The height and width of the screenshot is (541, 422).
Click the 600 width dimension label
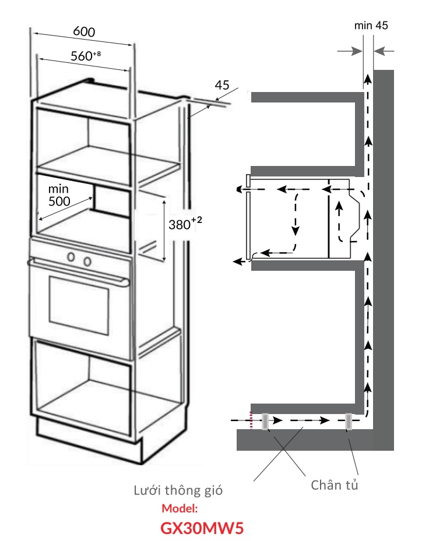(84, 31)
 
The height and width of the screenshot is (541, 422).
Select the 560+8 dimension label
(86, 55)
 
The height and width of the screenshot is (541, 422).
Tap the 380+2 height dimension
(185, 224)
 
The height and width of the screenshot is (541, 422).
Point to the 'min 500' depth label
(59, 195)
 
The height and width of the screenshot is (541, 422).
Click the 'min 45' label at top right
(371, 25)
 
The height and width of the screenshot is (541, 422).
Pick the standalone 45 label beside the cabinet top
(221, 85)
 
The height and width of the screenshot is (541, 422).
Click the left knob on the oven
(72, 257)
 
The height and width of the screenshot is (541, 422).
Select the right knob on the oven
(87, 261)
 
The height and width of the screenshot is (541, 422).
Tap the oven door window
(79, 305)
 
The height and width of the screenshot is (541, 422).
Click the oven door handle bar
(78, 272)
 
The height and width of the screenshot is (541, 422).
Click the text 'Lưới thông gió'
(178, 490)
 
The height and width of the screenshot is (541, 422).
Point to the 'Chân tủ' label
(335, 485)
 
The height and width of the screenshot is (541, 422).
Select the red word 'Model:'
(180, 508)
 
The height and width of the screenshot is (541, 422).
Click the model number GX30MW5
(202, 528)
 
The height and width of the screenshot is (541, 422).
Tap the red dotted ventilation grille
(251, 420)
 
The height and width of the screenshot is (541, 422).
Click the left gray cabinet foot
(265, 422)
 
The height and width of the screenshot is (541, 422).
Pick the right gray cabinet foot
(349, 422)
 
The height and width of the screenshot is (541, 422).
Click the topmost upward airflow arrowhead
(368, 79)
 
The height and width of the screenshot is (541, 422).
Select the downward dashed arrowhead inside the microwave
(296, 231)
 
